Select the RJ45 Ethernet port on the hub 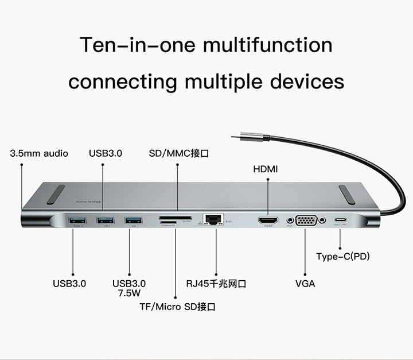click(x=213, y=219)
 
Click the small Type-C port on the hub click(x=341, y=219)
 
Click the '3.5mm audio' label click(x=39, y=153)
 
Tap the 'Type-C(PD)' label click(x=342, y=256)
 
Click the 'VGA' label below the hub click(x=305, y=284)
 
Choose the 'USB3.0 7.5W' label click(x=129, y=288)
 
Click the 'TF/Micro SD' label click(x=177, y=307)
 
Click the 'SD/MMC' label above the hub click(x=178, y=153)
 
